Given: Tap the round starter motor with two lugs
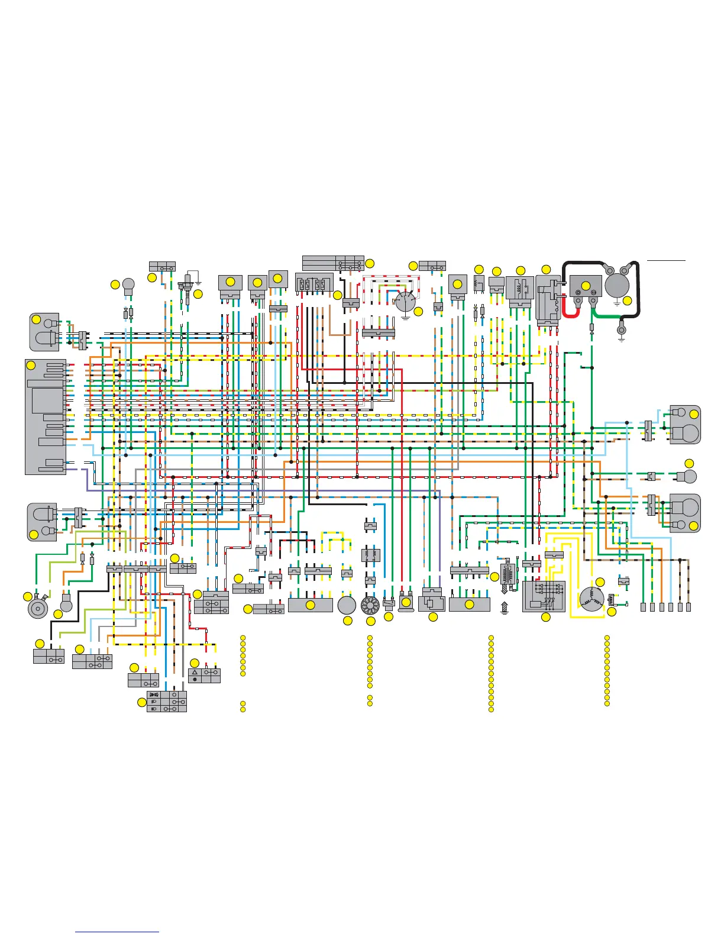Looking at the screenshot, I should point(617,285).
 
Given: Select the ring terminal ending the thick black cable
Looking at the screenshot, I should point(621,330).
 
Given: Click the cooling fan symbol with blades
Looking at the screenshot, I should point(370,606).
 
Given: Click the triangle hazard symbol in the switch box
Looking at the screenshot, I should point(195,673).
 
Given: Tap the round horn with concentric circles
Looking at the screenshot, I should point(38,608).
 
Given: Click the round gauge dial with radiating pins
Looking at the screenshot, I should point(405,302).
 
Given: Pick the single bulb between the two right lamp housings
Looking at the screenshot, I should point(689,476).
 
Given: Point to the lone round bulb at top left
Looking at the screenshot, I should point(128,286).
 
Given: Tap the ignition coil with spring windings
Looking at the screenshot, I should point(505,575).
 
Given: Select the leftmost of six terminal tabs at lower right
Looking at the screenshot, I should point(643,607).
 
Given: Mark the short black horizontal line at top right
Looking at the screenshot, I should point(666,260).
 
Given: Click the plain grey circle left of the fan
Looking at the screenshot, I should point(347,605).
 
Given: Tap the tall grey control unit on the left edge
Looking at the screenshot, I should point(45,416).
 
